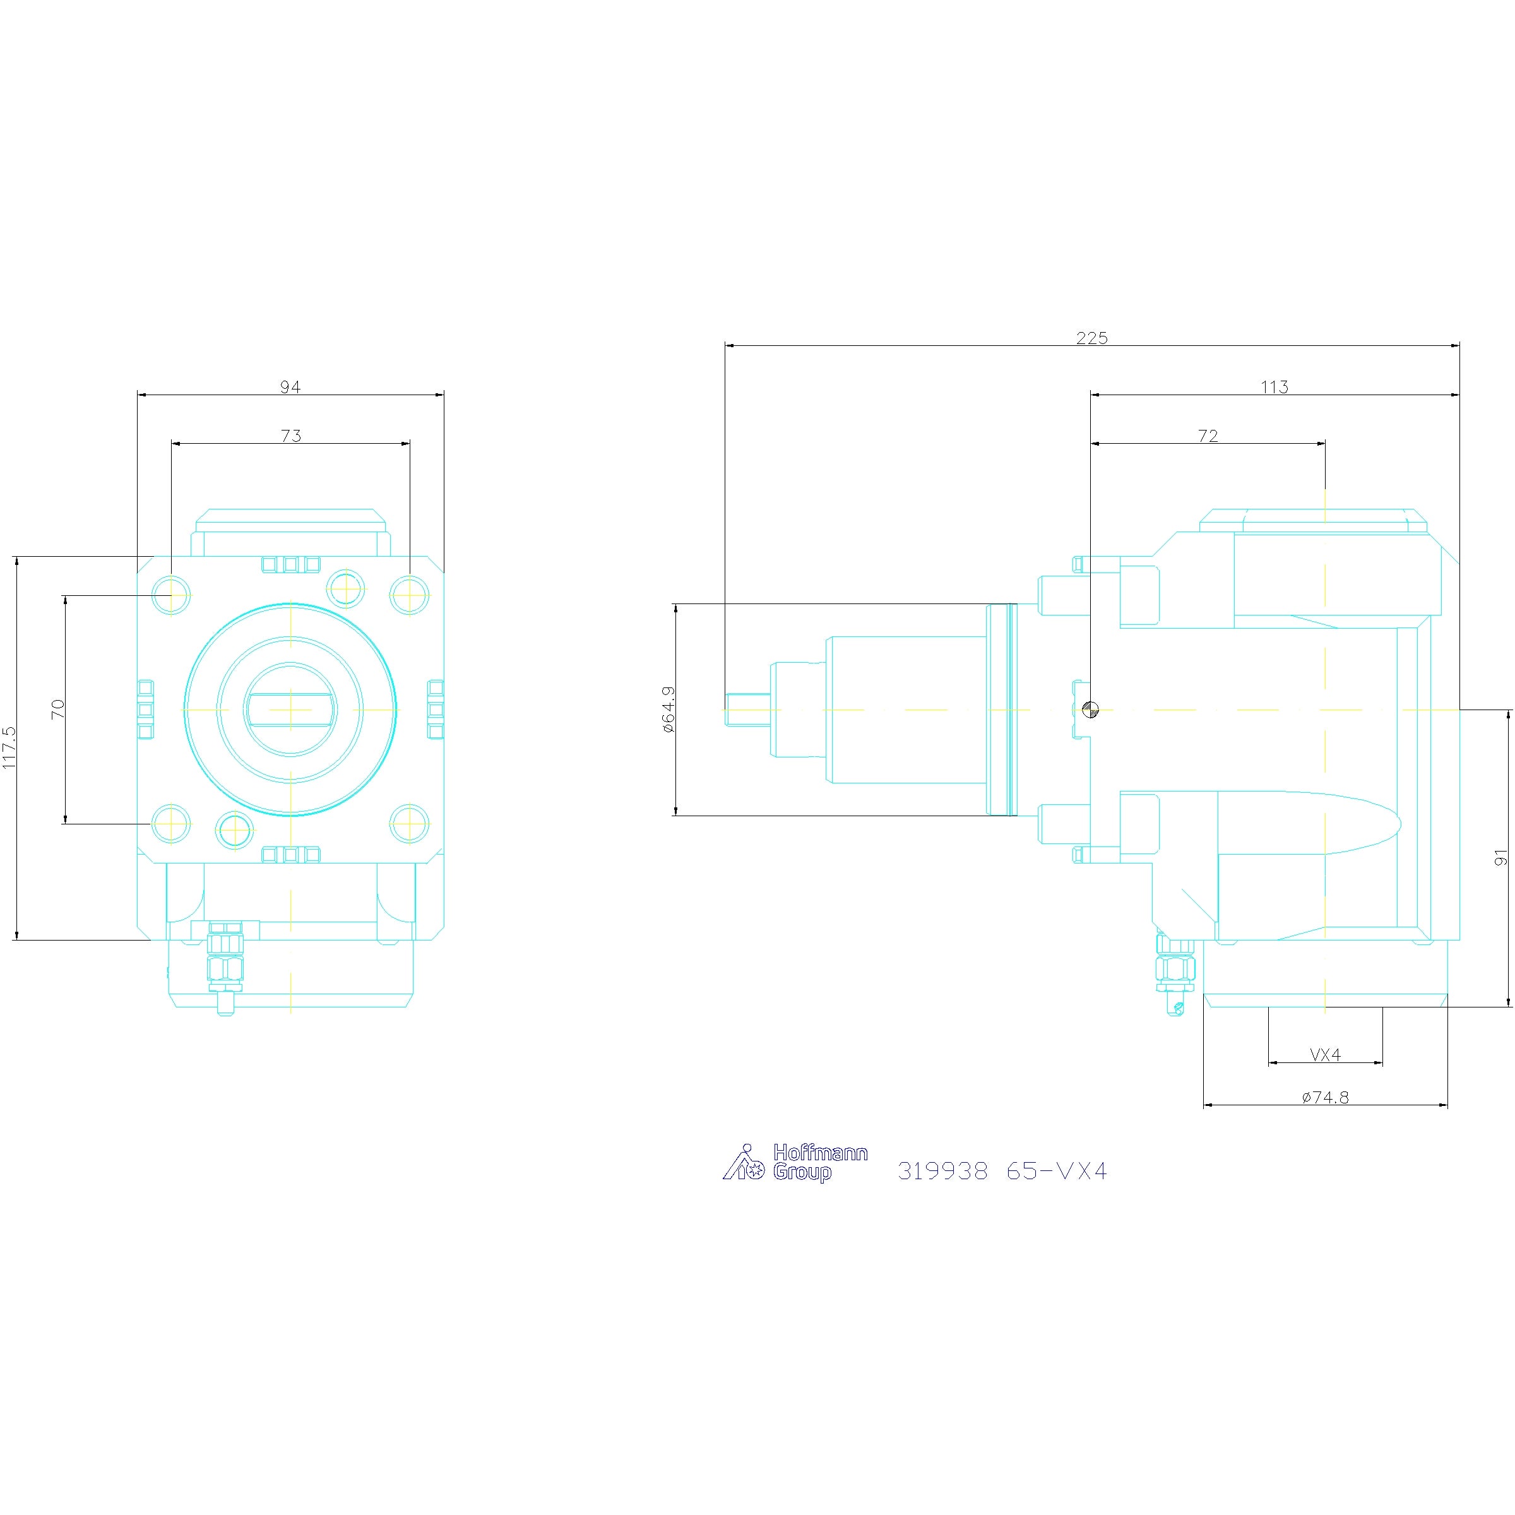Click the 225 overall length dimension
point(1091,338)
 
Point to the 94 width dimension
point(290,386)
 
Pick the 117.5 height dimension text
point(9,747)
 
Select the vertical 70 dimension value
point(58,709)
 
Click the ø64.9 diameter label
point(668,709)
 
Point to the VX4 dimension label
point(1325,1055)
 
